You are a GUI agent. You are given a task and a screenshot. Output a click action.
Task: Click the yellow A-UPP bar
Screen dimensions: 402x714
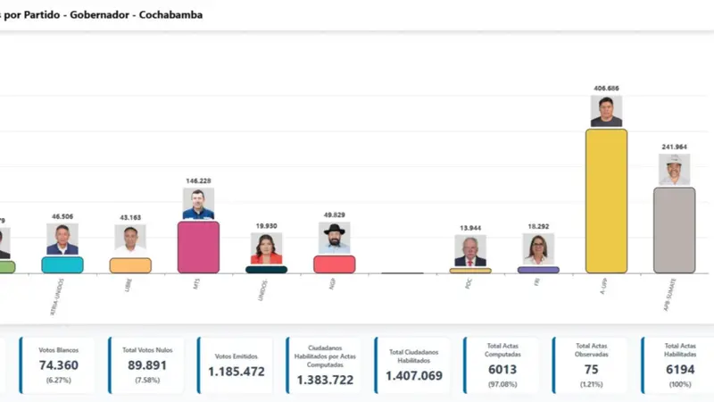coord(606,200)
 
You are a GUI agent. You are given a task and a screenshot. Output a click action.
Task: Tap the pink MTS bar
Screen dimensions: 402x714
coord(198,247)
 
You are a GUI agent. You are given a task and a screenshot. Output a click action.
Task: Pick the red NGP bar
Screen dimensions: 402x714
coord(335,264)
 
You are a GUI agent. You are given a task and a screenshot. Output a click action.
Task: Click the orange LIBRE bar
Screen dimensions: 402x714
coord(130,265)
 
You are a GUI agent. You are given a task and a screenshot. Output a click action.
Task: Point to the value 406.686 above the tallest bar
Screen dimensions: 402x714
coord(606,88)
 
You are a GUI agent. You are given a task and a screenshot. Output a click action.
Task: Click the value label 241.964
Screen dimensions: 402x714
coord(674,147)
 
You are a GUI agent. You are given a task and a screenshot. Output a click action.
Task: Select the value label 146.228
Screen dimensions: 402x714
coord(198,180)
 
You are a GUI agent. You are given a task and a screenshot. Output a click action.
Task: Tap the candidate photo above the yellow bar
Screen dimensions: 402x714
coord(606,111)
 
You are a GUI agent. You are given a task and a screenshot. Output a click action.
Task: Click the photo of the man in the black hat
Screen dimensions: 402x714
coord(335,238)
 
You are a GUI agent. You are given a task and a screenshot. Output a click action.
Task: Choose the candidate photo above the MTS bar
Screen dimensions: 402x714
coord(198,204)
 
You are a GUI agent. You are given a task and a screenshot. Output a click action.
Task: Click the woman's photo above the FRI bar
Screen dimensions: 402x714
coord(538,249)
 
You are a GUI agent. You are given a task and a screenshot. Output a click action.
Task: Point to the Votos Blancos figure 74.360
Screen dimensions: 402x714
coord(54,365)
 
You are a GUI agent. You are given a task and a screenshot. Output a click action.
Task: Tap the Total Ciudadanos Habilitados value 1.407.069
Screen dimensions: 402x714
coord(413,376)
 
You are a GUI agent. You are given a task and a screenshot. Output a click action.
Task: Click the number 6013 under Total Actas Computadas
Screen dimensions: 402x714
coord(502,369)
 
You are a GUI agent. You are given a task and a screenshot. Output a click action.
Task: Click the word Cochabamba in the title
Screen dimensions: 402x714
coord(170,14)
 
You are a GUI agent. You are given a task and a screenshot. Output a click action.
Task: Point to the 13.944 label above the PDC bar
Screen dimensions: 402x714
coord(470,229)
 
